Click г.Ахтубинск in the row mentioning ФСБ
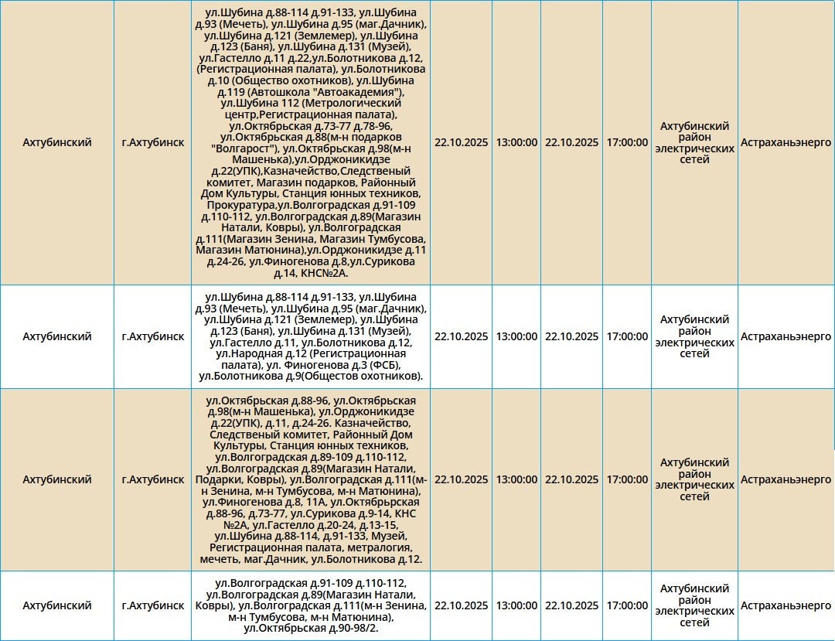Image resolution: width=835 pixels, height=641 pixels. (x=153, y=336)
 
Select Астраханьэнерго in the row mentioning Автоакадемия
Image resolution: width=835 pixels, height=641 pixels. (x=786, y=142)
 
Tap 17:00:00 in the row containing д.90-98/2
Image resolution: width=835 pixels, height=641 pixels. (x=627, y=605)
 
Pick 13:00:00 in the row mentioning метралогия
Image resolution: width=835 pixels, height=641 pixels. (x=516, y=479)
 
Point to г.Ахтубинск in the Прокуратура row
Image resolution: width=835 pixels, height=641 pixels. (x=153, y=142)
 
